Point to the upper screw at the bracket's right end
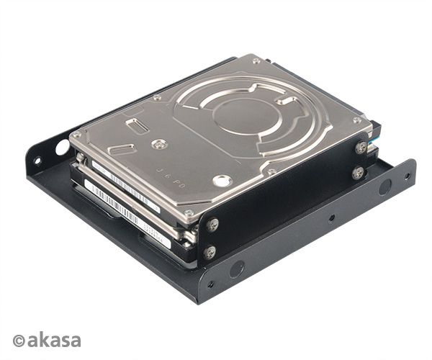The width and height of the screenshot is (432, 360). [x=360, y=147]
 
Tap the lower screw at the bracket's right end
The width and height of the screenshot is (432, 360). [x=358, y=173]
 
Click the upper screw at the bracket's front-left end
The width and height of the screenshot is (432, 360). [x=212, y=225]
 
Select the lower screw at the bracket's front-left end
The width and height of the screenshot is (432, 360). [x=210, y=252]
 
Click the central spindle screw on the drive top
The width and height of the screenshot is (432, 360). [x=161, y=144]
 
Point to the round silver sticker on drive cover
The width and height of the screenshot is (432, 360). [x=222, y=180]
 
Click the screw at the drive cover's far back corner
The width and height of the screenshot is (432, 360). [x=256, y=60]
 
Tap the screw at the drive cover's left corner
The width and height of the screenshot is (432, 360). [x=77, y=135]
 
